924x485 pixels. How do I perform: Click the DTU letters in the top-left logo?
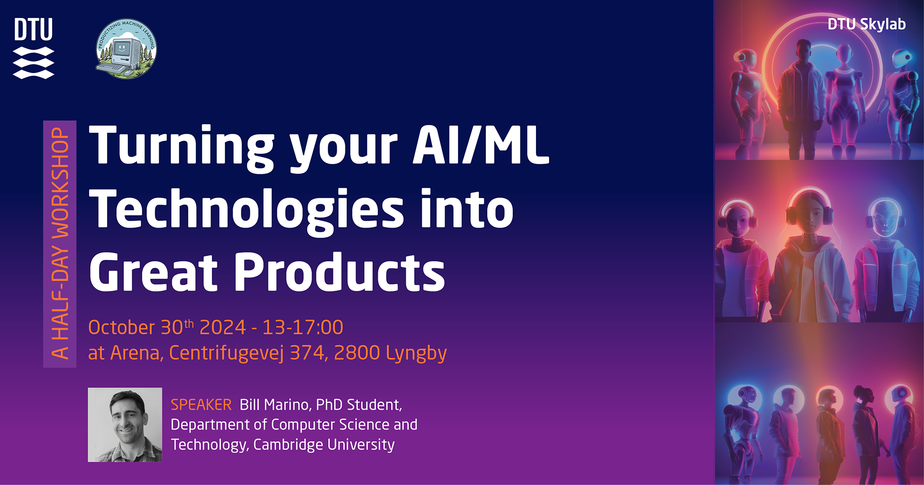tap(33, 30)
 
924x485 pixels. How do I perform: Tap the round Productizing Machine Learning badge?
tap(126, 48)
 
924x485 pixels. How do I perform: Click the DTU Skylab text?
tap(866, 24)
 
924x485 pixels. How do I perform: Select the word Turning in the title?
tap(182, 148)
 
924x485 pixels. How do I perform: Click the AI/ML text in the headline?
tap(481, 145)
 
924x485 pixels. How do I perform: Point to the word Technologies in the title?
tap(247, 210)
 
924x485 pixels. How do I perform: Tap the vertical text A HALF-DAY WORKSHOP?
tap(60, 243)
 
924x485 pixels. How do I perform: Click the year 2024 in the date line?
tap(223, 328)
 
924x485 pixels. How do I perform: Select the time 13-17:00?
tap(303, 328)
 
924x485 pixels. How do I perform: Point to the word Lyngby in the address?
tap(417, 353)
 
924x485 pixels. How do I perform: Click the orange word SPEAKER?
tap(201, 405)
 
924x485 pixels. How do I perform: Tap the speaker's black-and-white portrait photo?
tap(125, 424)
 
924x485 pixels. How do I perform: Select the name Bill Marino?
tap(275, 405)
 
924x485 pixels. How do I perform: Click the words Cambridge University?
tap(324, 444)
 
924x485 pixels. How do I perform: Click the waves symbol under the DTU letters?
tap(33, 63)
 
